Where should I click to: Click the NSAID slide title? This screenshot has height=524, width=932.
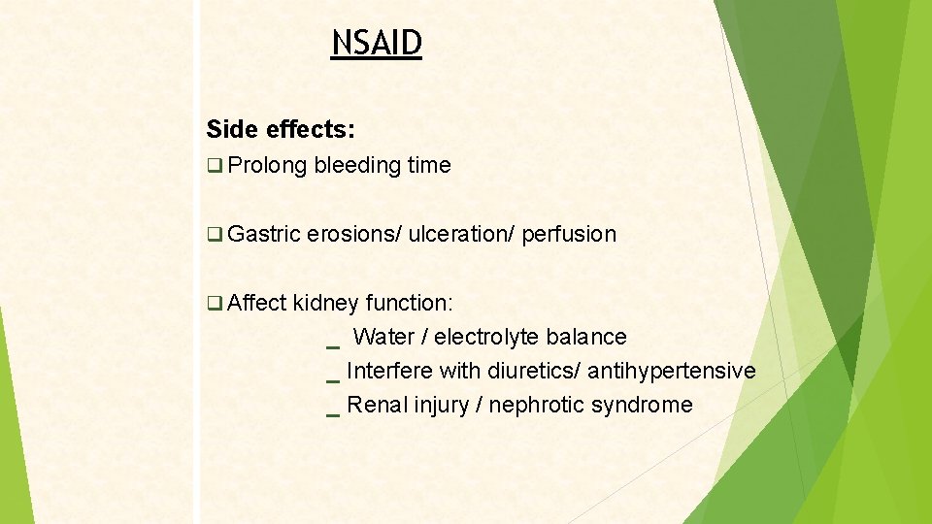377,44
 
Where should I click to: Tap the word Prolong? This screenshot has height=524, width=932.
268,166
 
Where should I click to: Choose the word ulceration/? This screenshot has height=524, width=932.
461,235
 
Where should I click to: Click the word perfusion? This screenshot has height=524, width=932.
569,235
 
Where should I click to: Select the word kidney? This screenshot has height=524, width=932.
326,303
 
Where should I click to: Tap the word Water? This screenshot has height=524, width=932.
382,337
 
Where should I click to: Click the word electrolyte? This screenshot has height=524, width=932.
486,337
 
